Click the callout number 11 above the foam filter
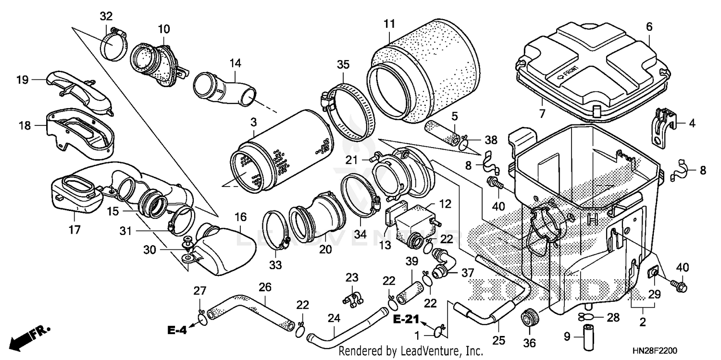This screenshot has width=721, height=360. click(389, 23)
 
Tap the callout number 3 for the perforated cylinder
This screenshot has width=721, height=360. click(253, 123)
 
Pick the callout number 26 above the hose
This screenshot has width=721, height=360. click(265, 287)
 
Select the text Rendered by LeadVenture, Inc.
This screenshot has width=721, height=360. click(411, 351)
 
